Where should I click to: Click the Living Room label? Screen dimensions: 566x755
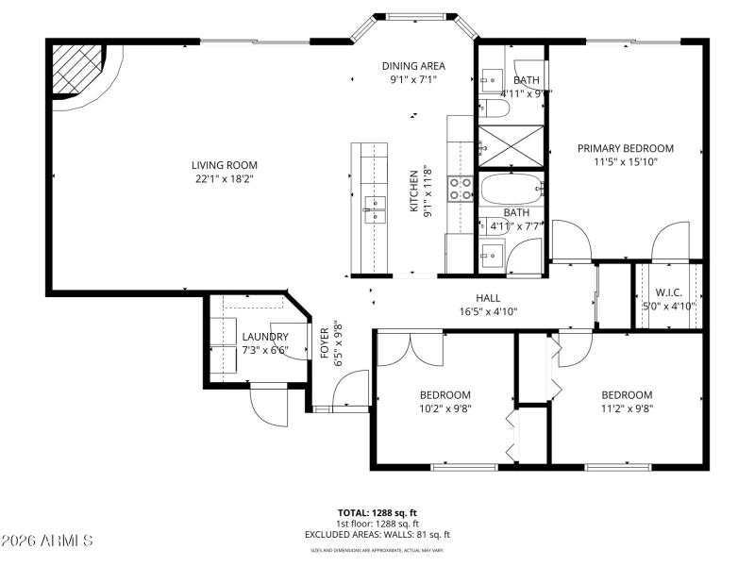click(x=226, y=165)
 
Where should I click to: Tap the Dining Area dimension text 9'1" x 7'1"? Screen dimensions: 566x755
click(x=413, y=80)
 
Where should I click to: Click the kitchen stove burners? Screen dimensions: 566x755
click(x=460, y=189)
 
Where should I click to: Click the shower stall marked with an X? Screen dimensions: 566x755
click(x=510, y=146)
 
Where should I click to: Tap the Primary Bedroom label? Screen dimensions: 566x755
click(x=626, y=148)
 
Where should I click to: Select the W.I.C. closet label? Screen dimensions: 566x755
click(x=669, y=291)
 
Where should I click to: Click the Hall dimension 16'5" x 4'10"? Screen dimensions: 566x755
click(x=488, y=311)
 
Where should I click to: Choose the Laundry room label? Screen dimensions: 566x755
click(x=264, y=337)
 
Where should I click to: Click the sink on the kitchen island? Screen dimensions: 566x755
click(x=374, y=208)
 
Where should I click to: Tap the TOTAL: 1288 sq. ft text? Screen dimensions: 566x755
click(x=378, y=513)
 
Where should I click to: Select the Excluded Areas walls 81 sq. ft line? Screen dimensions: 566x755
click(x=378, y=534)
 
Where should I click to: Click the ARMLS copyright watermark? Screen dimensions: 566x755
click(x=47, y=541)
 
